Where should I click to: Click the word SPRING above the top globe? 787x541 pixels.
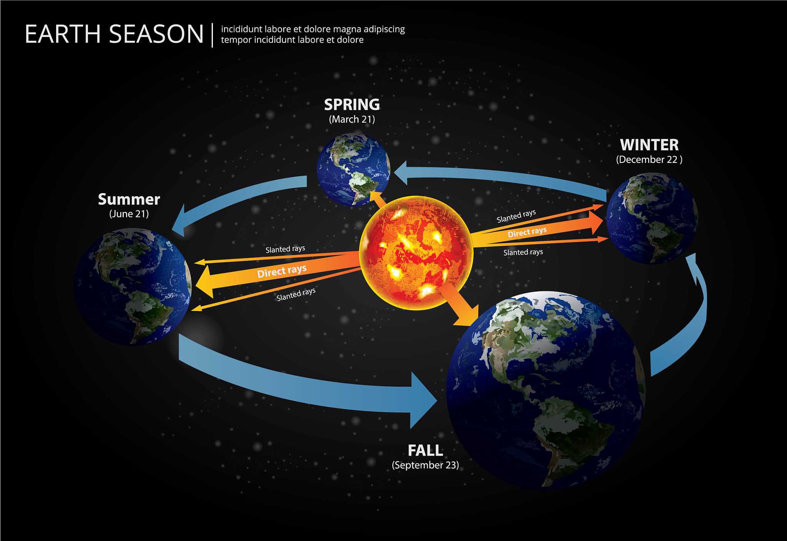[x=352, y=105]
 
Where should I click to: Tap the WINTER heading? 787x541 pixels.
[x=649, y=145]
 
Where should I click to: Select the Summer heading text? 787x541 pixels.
[x=129, y=199]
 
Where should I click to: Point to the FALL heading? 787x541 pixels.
[x=425, y=450]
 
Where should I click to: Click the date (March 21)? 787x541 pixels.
[x=352, y=119]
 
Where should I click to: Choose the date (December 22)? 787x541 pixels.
[x=649, y=160]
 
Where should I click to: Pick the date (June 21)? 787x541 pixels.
[x=129, y=214]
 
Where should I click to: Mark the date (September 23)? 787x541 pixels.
[x=425, y=465]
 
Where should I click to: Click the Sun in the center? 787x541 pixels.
[x=416, y=253]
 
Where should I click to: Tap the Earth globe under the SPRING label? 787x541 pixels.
[x=354, y=169]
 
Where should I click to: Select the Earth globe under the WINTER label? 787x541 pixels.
[x=652, y=218]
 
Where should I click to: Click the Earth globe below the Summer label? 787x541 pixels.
[x=133, y=287]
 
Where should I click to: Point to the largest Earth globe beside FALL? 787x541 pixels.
[x=546, y=391]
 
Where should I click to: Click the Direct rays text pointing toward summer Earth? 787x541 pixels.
[x=282, y=271]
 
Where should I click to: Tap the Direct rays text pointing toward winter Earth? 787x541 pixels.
[x=527, y=232]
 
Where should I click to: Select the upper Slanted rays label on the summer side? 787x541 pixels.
[x=285, y=249]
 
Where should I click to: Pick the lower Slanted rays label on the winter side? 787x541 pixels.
[x=523, y=252]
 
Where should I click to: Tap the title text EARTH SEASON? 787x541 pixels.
[x=114, y=34]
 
